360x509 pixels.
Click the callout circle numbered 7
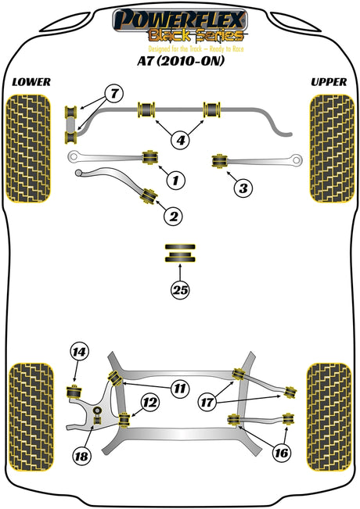click(x=114, y=94)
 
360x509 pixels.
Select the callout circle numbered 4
click(x=181, y=140)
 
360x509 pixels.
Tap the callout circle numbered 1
click(x=176, y=180)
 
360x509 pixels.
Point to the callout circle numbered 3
click(x=243, y=188)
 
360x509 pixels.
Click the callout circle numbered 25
click(x=180, y=289)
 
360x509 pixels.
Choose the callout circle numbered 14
click(x=79, y=352)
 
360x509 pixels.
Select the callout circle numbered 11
click(x=180, y=389)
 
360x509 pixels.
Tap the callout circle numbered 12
click(x=149, y=403)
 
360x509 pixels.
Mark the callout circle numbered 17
click(x=207, y=403)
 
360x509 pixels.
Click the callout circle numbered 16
click(x=282, y=453)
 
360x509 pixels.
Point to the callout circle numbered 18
click(x=81, y=457)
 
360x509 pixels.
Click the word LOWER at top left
click(x=31, y=82)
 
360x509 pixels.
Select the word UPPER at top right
click(x=329, y=82)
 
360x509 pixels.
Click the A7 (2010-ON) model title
click(x=181, y=61)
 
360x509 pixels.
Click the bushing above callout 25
click(x=180, y=253)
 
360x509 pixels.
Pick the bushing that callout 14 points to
click(x=74, y=393)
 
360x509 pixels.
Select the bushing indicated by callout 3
click(x=219, y=161)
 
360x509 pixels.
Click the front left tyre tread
click(x=29, y=149)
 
